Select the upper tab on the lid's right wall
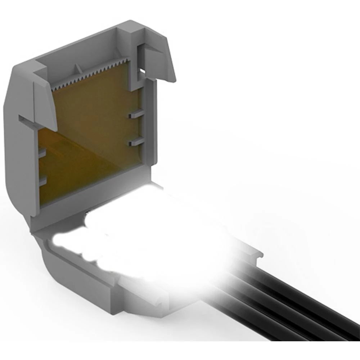(x=136, y=114)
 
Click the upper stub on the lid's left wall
(x=42, y=153)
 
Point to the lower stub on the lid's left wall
(x=42, y=181)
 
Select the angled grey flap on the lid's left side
(x=45, y=104)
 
